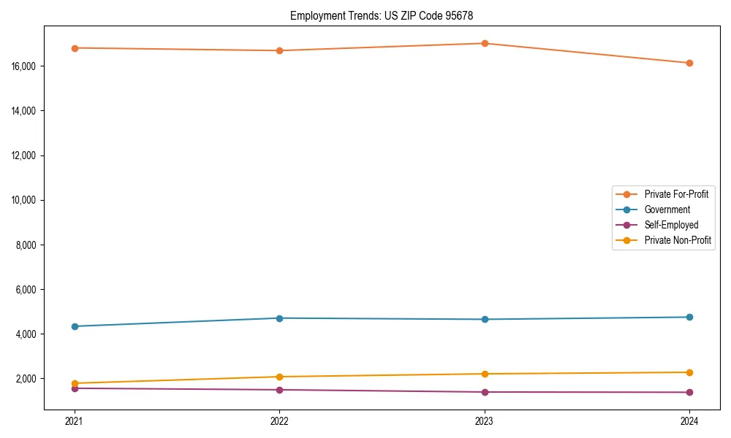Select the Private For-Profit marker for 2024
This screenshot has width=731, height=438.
[689, 63]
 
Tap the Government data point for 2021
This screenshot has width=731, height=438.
[74, 326]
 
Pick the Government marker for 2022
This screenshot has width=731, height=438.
[279, 318]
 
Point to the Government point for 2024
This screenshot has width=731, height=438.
[689, 317]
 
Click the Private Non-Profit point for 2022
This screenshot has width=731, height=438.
[279, 377]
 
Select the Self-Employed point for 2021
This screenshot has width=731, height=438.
[74, 388]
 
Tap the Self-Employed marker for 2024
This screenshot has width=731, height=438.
[689, 392]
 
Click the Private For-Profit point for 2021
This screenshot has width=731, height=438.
[74, 48]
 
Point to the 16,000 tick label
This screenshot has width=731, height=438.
[26, 66]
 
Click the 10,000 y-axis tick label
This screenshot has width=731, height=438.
[26, 200]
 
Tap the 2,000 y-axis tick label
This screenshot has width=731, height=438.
[27, 379]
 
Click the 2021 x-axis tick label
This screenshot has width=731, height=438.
[74, 420]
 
